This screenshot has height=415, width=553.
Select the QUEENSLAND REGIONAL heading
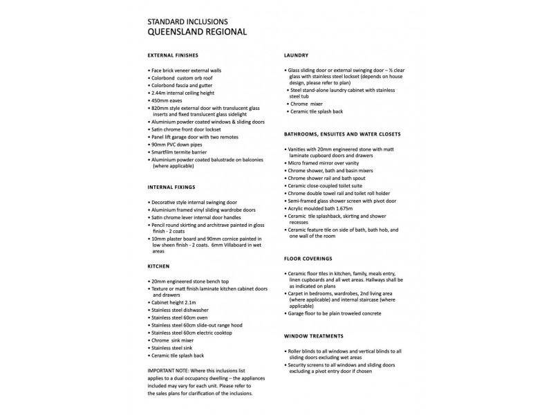pyautogui.click(x=197, y=32)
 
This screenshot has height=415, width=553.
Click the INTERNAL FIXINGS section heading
pyautogui.click(x=171, y=187)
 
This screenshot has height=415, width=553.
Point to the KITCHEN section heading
pyautogui.click(x=159, y=266)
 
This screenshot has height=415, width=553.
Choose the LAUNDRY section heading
pyautogui.click(x=297, y=55)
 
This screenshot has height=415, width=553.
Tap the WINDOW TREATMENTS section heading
pyautogui.click(x=314, y=335)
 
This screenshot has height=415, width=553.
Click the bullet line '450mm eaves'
pyautogui.click(x=170, y=100)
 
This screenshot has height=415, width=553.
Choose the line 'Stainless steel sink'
pyautogui.click(x=174, y=348)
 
